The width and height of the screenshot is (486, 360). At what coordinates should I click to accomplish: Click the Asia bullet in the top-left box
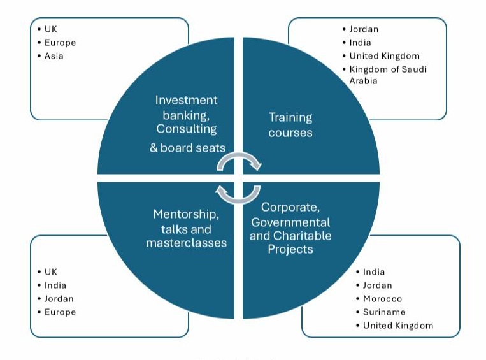tap(54, 56)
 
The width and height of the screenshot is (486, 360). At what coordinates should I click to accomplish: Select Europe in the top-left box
tap(60, 43)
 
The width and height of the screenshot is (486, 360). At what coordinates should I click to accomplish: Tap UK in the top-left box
tap(51, 29)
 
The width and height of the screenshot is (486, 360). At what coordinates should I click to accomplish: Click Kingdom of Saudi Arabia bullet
tap(387, 75)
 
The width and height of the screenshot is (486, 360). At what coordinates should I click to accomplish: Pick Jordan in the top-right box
tap(364, 29)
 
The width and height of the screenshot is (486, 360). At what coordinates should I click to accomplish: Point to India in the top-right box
tap(360, 43)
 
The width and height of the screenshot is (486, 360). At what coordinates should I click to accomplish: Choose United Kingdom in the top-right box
tap(384, 56)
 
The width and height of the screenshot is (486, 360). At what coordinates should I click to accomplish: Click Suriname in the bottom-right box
tap(384, 312)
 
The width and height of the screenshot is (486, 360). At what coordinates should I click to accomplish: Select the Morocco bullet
tap(382, 299)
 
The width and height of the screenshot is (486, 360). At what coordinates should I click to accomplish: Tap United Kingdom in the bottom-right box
tap(398, 326)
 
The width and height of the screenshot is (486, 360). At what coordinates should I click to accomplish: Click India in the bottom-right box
tap(374, 272)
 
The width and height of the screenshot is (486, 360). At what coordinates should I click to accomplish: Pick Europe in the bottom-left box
tap(60, 312)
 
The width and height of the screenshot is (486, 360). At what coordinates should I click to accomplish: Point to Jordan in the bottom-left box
tap(59, 299)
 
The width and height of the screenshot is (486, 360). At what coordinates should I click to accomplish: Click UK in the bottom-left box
tap(51, 272)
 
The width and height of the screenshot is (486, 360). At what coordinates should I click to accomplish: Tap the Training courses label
tap(290, 125)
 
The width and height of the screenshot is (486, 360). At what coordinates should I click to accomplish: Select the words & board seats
tap(187, 148)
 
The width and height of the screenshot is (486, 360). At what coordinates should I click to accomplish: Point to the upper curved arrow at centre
tap(239, 161)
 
